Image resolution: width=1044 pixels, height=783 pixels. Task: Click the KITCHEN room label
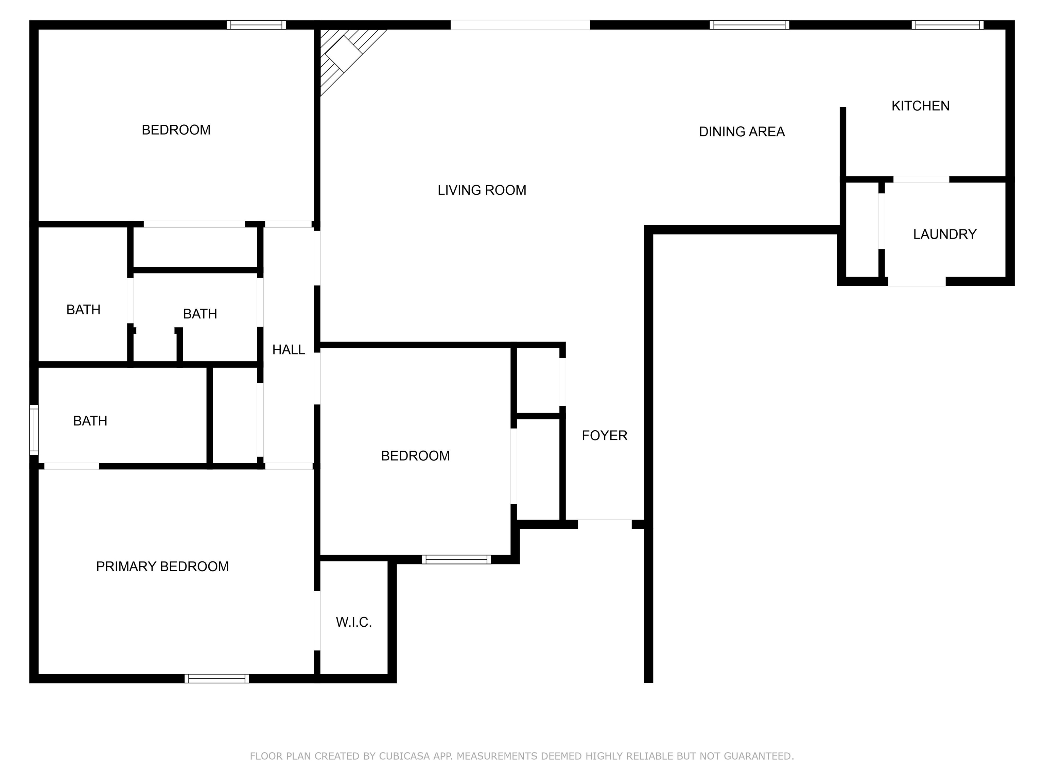click(920, 106)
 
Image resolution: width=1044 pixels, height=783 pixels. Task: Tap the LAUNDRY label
click(944, 234)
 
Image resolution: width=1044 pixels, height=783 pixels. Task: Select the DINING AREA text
click(742, 132)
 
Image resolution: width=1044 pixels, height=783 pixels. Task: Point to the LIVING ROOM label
click(482, 190)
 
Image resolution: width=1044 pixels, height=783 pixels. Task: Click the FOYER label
click(604, 435)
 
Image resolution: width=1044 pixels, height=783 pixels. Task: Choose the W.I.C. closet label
click(353, 622)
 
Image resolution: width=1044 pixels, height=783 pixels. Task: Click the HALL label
click(289, 350)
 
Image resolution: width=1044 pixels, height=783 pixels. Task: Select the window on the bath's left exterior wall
click(34, 430)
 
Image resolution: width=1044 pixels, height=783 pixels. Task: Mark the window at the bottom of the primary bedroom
click(216, 679)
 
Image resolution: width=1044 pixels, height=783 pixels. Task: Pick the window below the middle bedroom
click(456, 559)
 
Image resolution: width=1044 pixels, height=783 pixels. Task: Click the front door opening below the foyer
click(605, 524)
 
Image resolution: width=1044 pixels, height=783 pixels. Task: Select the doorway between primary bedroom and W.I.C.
click(317, 621)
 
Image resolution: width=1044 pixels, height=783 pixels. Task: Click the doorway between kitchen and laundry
click(921, 179)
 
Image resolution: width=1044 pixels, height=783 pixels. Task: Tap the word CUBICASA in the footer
click(404, 756)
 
